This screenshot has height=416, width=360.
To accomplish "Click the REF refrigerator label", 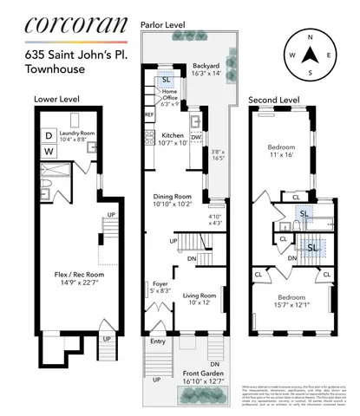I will (148, 114).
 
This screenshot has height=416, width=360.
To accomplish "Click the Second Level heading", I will (274, 101).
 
